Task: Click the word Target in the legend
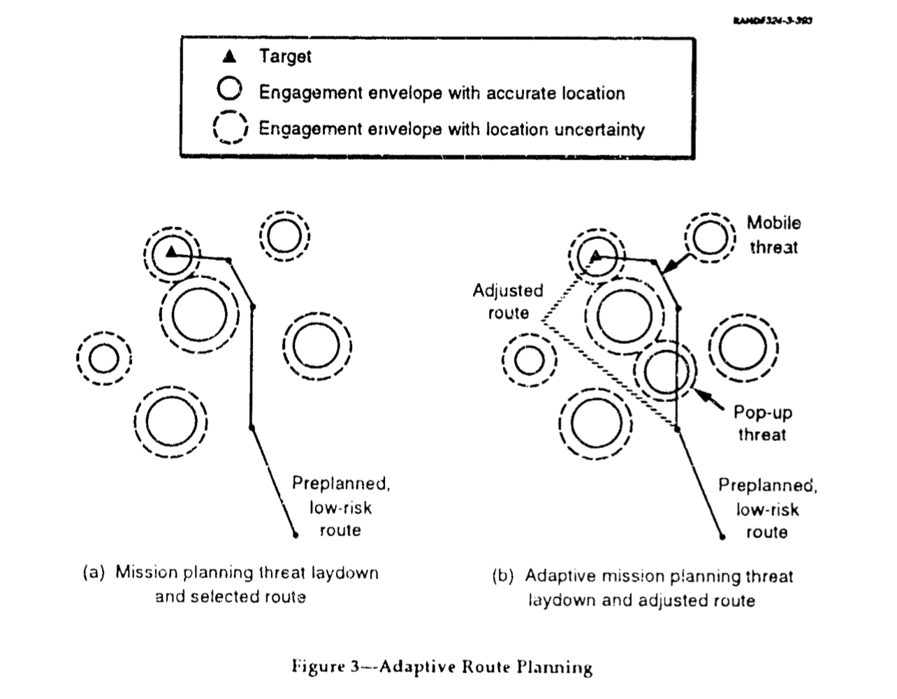(x=285, y=56)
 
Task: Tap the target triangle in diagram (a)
(x=171, y=251)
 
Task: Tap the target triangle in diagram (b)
(x=596, y=257)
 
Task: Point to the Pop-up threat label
(x=762, y=424)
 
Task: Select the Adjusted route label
(x=508, y=301)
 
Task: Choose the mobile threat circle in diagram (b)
(x=710, y=238)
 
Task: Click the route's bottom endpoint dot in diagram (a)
(x=295, y=535)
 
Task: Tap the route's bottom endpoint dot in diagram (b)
(x=721, y=537)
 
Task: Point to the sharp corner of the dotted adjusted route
(x=542, y=322)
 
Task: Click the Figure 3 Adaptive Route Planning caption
(x=442, y=667)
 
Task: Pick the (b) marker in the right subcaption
(x=503, y=577)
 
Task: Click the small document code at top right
(x=773, y=20)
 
